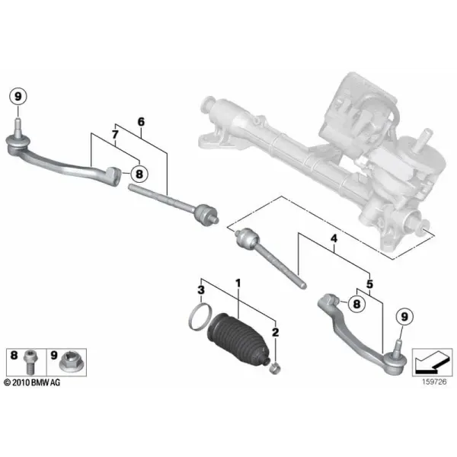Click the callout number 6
point(141,122)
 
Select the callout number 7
point(115,135)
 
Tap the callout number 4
point(334,238)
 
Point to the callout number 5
point(369,283)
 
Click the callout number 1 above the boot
point(238,283)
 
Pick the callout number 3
point(201,290)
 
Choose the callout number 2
point(275,332)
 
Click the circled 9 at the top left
point(18,97)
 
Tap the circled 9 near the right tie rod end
point(404,317)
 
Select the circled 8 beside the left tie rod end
point(139,174)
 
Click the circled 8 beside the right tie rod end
point(356,304)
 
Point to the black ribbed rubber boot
point(238,339)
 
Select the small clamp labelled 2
point(275,369)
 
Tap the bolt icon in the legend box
point(30,362)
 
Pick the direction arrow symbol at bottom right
point(432,363)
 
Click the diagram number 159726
point(434,382)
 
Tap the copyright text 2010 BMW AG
point(32,382)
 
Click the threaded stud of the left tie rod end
point(18,126)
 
